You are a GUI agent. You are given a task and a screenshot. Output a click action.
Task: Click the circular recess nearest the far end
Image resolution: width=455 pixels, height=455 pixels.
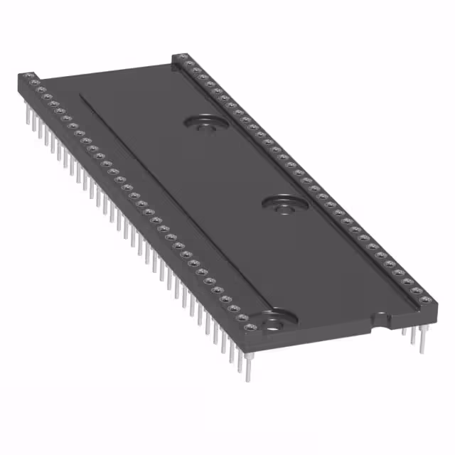tap(205, 123)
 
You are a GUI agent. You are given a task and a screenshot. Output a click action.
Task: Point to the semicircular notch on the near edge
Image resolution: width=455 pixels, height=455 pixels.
tap(383, 321)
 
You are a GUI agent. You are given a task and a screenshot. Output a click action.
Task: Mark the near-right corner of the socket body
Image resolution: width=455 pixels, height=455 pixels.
tap(435, 313)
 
